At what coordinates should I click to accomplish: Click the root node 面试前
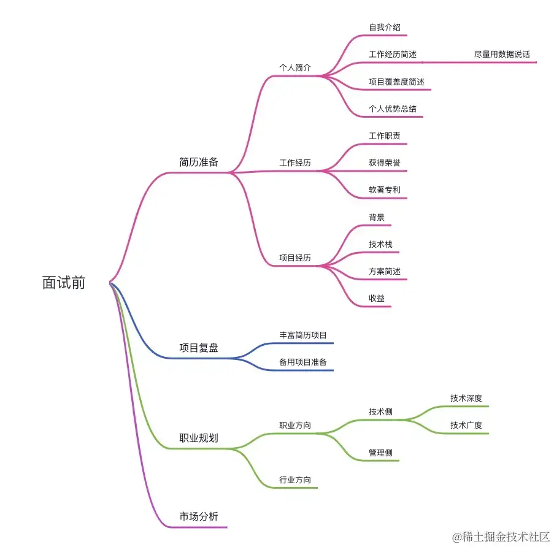point(64,283)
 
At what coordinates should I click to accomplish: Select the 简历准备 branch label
point(198,163)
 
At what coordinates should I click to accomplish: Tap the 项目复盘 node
point(198,348)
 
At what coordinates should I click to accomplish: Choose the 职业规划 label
point(198,438)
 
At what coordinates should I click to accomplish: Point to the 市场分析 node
point(198,516)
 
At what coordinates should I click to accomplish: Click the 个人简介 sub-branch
point(295,67)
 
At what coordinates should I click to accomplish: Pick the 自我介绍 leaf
point(384,28)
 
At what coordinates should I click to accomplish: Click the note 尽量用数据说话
point(502,55)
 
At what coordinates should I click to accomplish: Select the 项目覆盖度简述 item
point(396,82)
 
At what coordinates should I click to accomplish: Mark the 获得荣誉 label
point(385,163)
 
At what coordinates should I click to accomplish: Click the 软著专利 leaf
point(385,190)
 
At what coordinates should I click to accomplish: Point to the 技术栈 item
point(380,244)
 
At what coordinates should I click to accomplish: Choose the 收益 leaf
point(377,298)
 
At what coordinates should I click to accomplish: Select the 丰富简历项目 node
point(303,335)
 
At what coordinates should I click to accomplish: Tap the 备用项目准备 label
point(303,362)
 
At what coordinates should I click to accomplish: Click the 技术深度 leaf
point(466,398)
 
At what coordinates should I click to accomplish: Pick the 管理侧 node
point(380,453)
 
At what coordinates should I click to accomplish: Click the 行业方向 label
point(295,480)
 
